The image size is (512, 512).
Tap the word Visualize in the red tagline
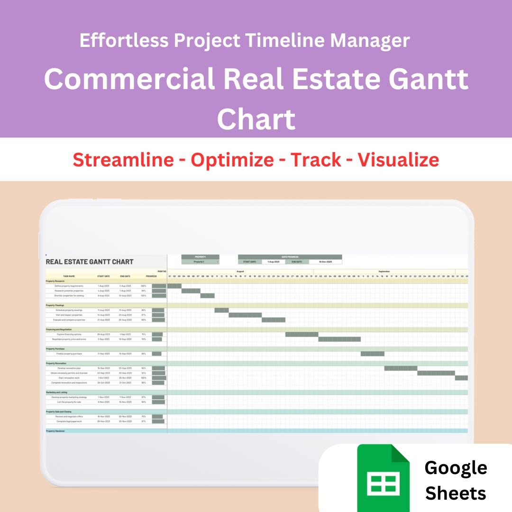(398, 160)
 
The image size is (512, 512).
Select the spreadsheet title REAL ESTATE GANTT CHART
(90, 262)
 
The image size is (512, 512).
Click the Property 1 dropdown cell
(200, 262)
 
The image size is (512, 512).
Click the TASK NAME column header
(69, 276)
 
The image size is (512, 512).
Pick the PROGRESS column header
(151, 276)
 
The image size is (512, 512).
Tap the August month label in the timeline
(240, 271)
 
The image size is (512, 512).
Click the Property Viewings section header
(55, 305)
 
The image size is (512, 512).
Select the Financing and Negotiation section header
(59, 329)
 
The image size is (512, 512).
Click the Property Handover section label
(55, 431)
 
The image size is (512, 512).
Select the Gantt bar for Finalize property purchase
(372, 353)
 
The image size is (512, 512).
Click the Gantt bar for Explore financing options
(302, 334)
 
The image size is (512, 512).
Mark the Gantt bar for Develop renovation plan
(401, 368)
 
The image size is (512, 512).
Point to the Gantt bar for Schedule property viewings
(221, 310)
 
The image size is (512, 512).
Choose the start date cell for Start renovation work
(103, 378)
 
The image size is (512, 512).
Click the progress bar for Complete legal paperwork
(158, 421)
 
